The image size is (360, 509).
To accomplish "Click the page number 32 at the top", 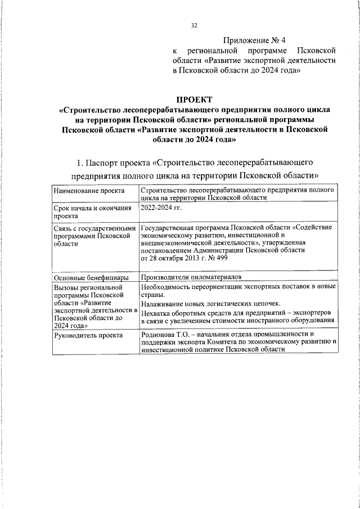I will click(x=194, y=25).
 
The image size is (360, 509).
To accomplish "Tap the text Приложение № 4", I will click(x=254, y=40).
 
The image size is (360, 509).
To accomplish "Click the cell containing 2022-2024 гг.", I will click(x=160, y=208).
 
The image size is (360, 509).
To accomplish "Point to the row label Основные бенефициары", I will click(x=90, y=278).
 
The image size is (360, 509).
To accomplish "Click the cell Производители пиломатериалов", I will click(x=192, y=278).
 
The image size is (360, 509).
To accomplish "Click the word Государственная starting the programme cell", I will click(x=169, y=227).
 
